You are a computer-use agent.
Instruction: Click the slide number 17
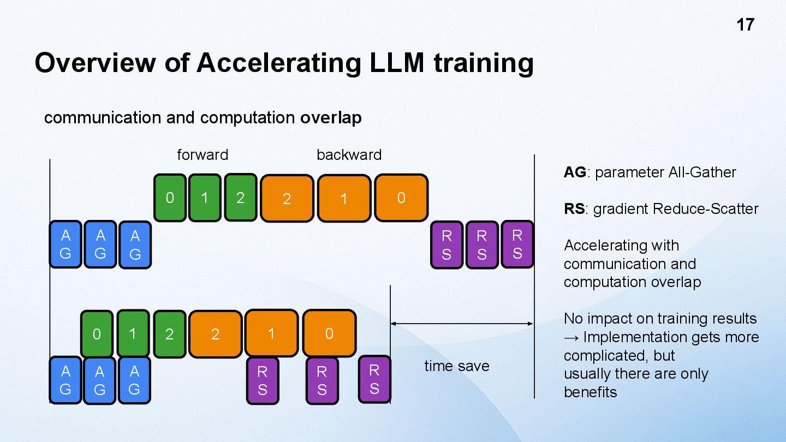pyautogui.click(x=745, y=25)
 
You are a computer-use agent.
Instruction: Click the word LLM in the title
pyautogui.click(x=394, y=62)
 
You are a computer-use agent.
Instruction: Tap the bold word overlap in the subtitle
pyautogui.click(x=331, y=118)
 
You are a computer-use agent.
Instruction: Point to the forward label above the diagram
pyautogui.click(x=203, y=155)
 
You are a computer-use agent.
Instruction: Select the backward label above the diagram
pyautogui.click(x=349, y=155)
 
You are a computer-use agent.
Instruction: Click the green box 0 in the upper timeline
pyautogui.click(x=170, y=198)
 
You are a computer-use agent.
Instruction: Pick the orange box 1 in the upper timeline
pyautogui.click(x=344, y=199)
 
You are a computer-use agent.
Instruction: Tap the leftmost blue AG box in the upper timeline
pyautogui.click(x=65, y=244)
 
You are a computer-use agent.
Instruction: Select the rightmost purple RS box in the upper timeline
pyautogui.click(x=517, y=244)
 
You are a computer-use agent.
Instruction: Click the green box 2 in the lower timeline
pyautogui.click(x=169, y=334)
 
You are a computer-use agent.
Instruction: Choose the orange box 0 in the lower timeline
pyautogui.click(x=329, y=333)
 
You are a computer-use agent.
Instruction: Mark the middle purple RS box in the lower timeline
pyautogui.click(x=321, y=380)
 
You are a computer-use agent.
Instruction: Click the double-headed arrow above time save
pyautogui.click(x=462, y=324)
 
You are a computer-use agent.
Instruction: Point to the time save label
pyautogui.click(x=457, y=366)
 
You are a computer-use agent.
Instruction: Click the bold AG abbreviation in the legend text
pyautogui.click(x=575, y=172)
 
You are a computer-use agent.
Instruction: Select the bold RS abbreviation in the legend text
pyautogui.click(x=574, y=209)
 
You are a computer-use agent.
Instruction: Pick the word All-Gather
pyautogui.click(x=702, y=172)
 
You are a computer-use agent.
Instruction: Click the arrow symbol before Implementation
pyautogui.click(x=571, y=337)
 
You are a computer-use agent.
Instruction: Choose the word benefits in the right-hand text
pyautogui.click(x=590, y=392)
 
